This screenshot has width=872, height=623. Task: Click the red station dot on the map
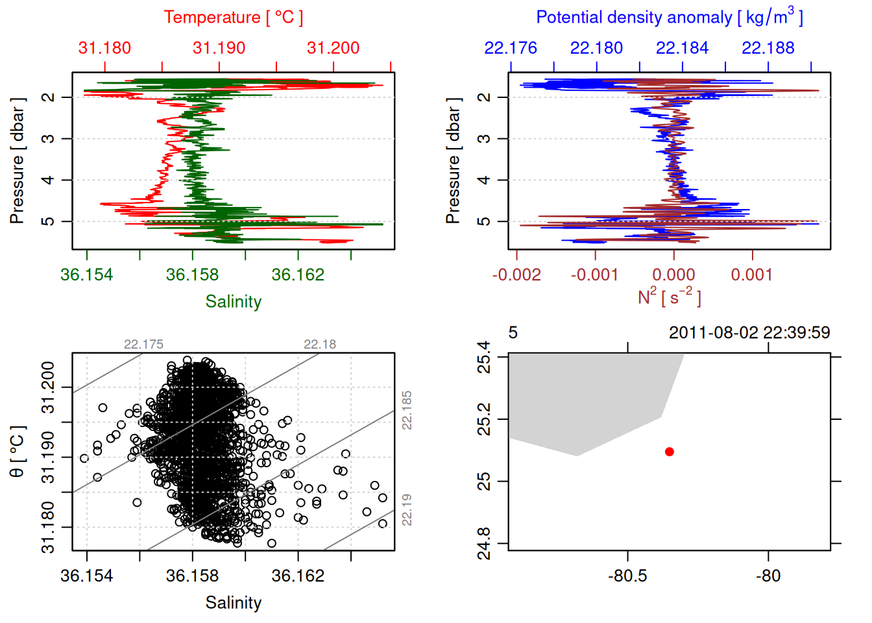coord(669,452)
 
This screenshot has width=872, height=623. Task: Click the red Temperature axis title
coord(234,18)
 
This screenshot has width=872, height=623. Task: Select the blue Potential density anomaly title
coord(669,17)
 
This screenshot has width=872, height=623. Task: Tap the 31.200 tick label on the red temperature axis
coord(333,48)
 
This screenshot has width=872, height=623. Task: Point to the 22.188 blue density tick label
coord(768,48)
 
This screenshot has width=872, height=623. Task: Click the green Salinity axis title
coord(234,302)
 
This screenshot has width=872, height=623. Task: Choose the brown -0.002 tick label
coord(516,275)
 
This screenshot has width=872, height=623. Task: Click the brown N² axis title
coord(669,297)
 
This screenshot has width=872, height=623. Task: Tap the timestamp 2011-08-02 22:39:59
coord(749,333)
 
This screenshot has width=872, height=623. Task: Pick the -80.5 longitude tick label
coord(627,576)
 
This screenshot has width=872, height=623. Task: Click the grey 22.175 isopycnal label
coord(143,345)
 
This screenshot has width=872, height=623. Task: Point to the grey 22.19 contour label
coord(407,509)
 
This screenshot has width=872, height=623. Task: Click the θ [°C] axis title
coord(18,452)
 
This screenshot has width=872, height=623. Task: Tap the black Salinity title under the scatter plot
coord(234,603)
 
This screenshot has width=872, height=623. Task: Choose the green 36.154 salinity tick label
coord(86,275)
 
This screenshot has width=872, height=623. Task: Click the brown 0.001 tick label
coord(752,275)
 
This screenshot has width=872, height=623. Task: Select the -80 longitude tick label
coord(768,576)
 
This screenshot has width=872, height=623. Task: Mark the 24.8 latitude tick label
coord(484,543)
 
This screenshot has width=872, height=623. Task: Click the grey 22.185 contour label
coord(407,410)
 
